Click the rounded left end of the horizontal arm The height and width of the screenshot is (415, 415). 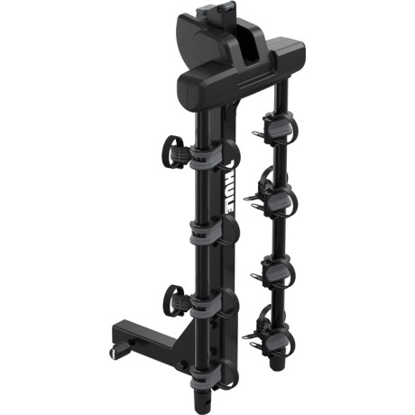(184, 86)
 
